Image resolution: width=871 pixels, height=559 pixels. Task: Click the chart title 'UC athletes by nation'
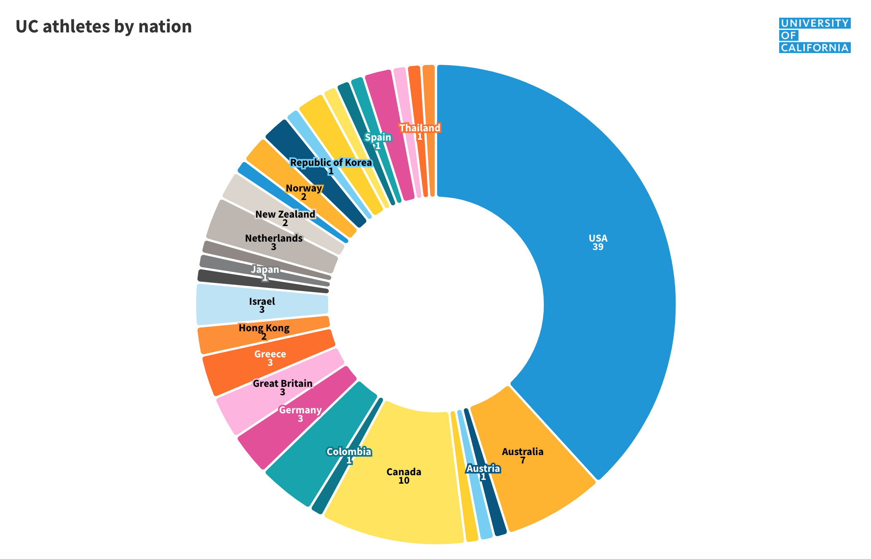(x=104, y=27)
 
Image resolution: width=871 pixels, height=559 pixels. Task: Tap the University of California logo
(x=815, y=35)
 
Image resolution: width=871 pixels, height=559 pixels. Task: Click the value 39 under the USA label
(x=598, y=248)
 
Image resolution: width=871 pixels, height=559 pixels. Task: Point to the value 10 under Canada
(x=403, y=481)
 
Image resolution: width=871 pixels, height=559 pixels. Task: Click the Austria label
(x=483, y=468)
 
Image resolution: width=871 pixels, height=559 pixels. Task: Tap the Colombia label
(x=349, y=452)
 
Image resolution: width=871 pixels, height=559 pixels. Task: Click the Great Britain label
(x=283, y=383)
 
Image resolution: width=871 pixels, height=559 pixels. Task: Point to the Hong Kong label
(x=264, y=328)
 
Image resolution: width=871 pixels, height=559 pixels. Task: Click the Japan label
(x=265, y=269)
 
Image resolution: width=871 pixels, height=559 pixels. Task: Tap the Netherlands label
(x=274, y=238)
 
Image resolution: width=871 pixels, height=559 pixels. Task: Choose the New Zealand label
(x=285, y=214)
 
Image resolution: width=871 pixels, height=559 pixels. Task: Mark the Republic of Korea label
(x=331, y=162)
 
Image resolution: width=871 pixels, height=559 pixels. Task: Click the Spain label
(x=378, y=137)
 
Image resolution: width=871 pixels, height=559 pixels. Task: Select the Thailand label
(x=419, y=128)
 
